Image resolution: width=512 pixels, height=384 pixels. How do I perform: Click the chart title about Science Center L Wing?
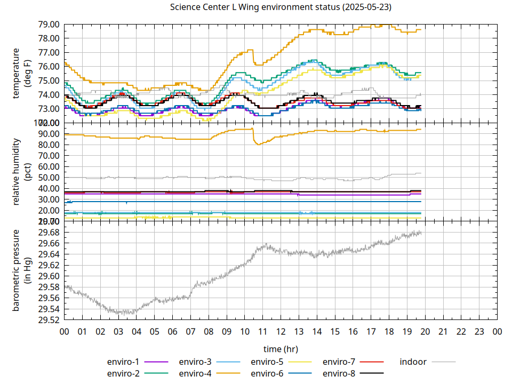281,7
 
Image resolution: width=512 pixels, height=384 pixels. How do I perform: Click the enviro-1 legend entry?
123,362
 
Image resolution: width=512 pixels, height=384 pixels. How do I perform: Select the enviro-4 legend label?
195,373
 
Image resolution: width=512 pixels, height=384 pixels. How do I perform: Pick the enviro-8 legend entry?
339,373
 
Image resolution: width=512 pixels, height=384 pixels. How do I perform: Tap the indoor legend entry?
413,362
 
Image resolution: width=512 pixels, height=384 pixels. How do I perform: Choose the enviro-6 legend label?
267,373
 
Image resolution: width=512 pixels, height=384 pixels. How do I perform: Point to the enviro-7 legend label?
339,362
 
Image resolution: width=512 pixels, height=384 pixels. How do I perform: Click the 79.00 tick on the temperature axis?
49,25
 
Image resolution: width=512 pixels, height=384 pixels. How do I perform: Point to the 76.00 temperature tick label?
49,67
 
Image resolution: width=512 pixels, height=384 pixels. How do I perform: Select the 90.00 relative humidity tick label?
49,134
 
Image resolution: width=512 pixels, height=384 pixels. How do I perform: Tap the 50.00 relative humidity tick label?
49,178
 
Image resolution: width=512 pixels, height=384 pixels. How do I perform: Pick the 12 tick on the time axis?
281,332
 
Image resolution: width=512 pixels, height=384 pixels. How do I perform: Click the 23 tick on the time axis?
479,332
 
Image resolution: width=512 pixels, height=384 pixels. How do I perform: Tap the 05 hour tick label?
155,332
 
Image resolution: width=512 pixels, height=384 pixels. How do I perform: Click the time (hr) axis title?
281,349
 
